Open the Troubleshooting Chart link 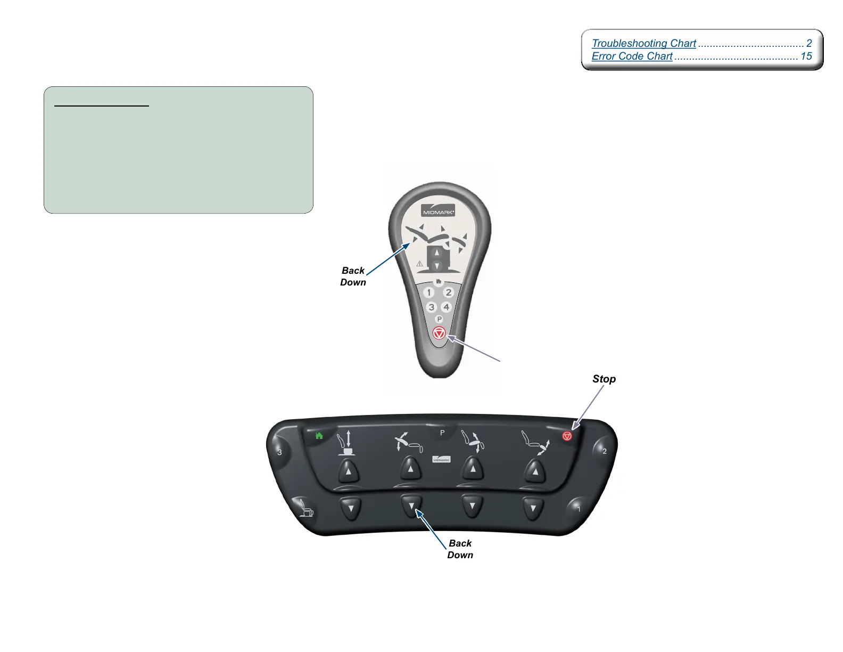(x=644, y=44)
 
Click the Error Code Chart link (x=632, y=56)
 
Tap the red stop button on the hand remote (x=439, y=333)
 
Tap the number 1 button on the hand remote (x=429, y=292)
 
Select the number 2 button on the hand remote (x=449, y=292)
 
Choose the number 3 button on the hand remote (x=432, y=307)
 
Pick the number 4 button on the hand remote (x=447, y=307)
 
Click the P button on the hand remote (x=439, y=320)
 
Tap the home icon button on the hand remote (x=439, y=281)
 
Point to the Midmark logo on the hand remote (x=438, y=211)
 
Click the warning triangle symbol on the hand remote (x=419, y=264)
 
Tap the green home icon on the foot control (x=319, y=436)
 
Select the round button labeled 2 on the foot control (x=604, y=451)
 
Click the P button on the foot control (x=442, y=433)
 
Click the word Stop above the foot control (x=604, y=379)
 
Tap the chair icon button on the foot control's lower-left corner (x=305, y=509)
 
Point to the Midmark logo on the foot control (x=442, y=459)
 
